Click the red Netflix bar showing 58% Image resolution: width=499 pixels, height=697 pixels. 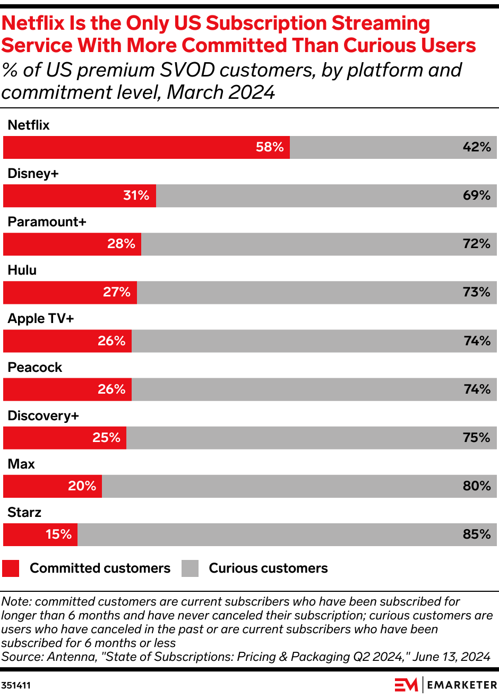click(146, 147)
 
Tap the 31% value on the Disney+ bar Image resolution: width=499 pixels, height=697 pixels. click(136, 195)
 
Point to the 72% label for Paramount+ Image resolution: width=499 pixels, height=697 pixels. click(476, 244)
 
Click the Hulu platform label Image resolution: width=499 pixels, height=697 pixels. click(22, 270)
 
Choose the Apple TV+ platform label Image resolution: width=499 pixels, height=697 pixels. click(41, 318)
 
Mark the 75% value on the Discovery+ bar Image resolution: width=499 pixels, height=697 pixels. click(476, 438)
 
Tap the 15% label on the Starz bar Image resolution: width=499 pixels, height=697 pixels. click(58, 534)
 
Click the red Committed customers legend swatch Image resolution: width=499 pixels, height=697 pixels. click(11, 568)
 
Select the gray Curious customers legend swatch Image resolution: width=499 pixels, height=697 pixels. click(190, 568)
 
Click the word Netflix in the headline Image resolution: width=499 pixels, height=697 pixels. click(33, 23)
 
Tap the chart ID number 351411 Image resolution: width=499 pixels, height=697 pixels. click(16, 685)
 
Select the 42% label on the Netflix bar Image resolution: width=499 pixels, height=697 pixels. click(476, 147)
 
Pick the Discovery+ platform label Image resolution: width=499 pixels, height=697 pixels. click(43, 415)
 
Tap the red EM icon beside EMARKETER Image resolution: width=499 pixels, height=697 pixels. click(406, 685)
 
